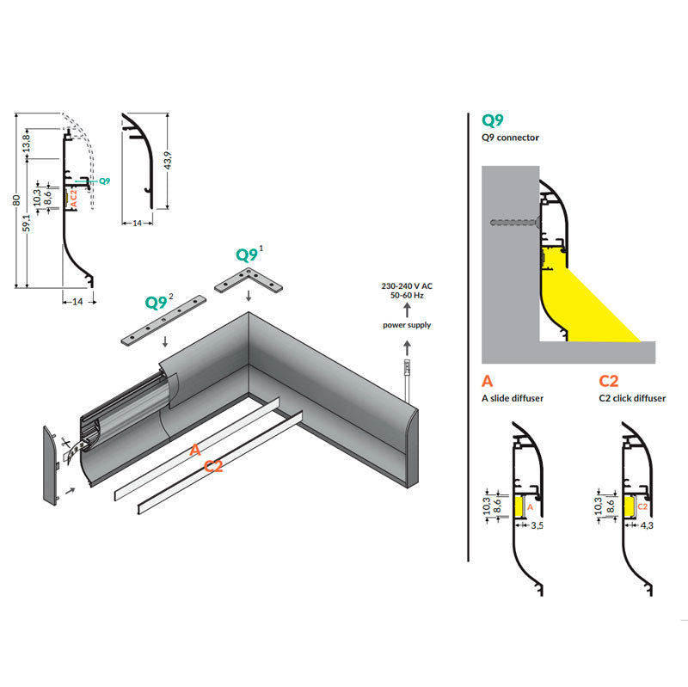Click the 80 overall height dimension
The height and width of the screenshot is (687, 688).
[x=16, y=200]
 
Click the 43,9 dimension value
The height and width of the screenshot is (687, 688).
[x=169, y=160]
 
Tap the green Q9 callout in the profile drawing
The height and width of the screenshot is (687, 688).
[x=104, y=181]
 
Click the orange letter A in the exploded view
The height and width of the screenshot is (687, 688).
[x=194, y=449]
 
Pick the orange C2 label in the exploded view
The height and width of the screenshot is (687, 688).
[x=213, y=466]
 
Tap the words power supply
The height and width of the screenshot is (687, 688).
[x=407, y=324]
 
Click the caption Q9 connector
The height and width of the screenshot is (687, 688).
[x=511, y=138]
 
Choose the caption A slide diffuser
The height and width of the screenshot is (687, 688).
[x=513, y=398]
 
